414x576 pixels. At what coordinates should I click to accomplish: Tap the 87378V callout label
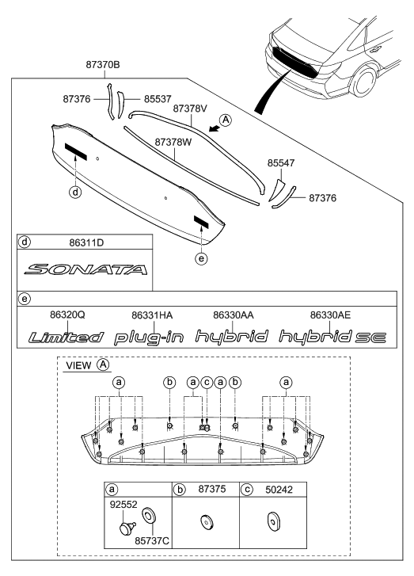click(x=190, y=107)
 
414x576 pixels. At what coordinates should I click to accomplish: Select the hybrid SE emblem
click(x=332, y=337)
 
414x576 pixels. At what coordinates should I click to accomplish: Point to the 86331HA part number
click(x=153, y=315)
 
